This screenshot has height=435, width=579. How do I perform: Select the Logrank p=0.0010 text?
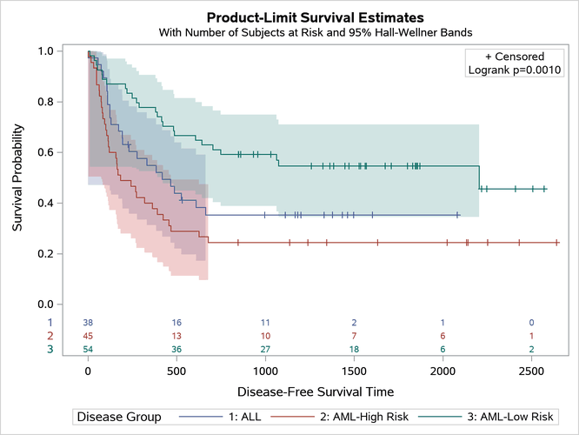(x=515, y=70)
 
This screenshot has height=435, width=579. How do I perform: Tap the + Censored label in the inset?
(x=515, y=57)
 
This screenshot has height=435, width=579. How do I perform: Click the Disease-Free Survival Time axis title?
(x=309, y=391)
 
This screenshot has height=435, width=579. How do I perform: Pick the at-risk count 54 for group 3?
(x=88, y=350)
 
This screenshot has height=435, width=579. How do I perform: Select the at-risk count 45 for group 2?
(x=88, y=336)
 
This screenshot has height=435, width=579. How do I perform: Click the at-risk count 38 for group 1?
(x=88, y=322)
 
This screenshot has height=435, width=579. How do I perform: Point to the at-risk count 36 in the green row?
(x=176, y=350)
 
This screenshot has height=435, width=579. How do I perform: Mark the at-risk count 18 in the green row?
(x=354, y=350)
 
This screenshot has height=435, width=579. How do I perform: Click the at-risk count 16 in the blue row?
(x=176, y=322)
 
